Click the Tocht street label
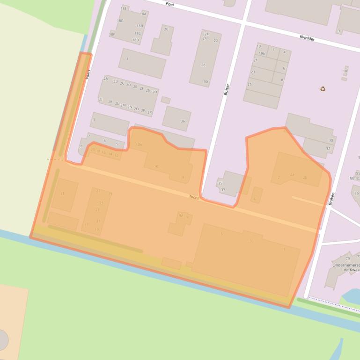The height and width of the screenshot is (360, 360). click(194, 198)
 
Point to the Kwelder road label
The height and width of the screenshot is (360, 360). click(307, 38)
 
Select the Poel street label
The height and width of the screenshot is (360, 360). click(169, 3)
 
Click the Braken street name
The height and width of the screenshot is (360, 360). click(331, 199)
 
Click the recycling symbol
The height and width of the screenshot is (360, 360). click(323, 89)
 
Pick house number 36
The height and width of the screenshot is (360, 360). click(183, 122)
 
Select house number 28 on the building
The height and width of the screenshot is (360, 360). click(203, 65)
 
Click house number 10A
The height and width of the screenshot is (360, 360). click(139, 145)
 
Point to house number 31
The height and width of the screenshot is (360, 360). click(62, 194)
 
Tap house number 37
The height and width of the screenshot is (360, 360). click(223, 190)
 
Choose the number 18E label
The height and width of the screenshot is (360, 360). click(124, 8)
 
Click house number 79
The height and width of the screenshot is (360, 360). click(347, 259)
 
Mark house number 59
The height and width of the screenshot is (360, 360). click(356, 194)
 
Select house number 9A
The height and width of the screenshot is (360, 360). click(181, 216)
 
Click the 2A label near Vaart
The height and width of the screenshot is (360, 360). click(106, 79)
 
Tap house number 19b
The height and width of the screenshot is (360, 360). click(262, 54)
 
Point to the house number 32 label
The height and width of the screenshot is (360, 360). click(328, 149)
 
